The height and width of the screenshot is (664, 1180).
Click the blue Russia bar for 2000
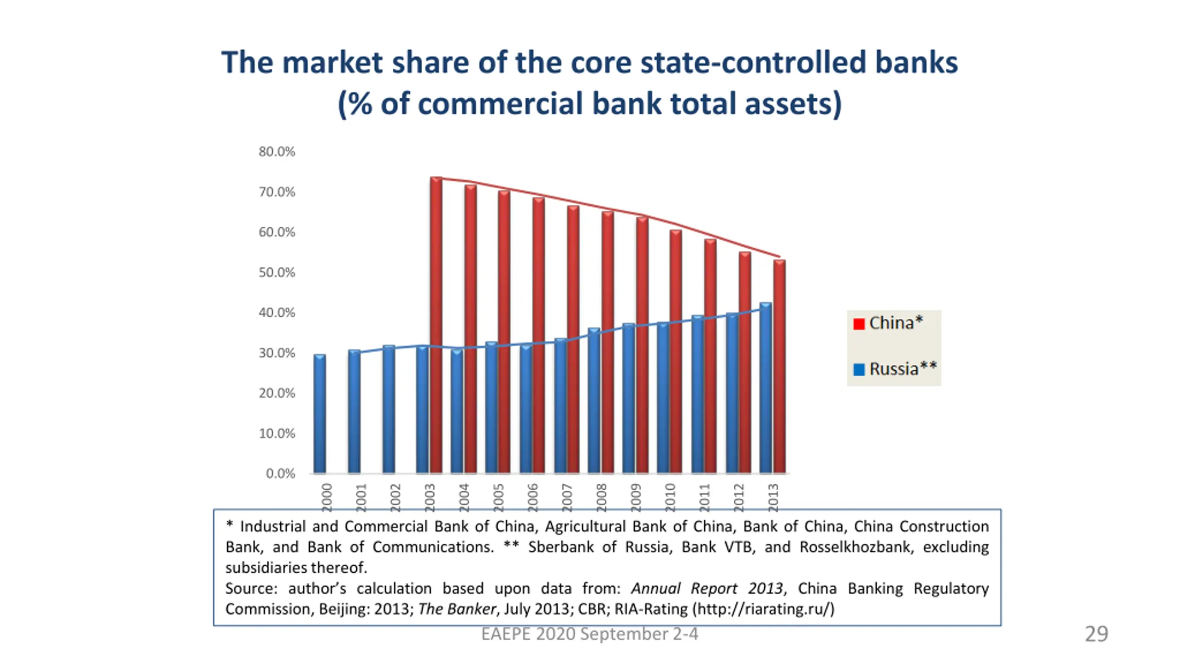pyautogui.click(x=319, y=414)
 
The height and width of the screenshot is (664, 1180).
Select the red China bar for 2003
pyautogui.click(x=436, y=325)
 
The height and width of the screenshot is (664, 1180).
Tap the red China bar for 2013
pyautogui.click(x=779, y=367)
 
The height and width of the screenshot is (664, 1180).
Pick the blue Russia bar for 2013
pyautogui.click(x=765, y=388)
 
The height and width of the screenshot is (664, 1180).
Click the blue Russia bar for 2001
pyautogui.click(x=354, y=411)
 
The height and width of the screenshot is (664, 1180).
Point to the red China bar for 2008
pyautogui.click(x=608, y=342)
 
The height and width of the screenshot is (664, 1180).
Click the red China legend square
pyautogui.click(x=858, y=324)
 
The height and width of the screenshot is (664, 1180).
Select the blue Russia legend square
pyautogui.click(x=858, y=369)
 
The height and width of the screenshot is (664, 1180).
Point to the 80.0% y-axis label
pyautogui.click(x=277, y=152)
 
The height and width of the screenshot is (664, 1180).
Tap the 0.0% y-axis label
pyautogui.click(x=280, y=474)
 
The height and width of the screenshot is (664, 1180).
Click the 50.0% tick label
pyautogui.click(x=277, y=273)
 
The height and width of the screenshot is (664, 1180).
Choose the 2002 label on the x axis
pyautogui.click(x=395, y=497)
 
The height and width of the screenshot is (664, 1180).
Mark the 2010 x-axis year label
pyautogui.click(x=670, y=497)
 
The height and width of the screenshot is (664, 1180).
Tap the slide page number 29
pyautogui.click(x=1096, y=634)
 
